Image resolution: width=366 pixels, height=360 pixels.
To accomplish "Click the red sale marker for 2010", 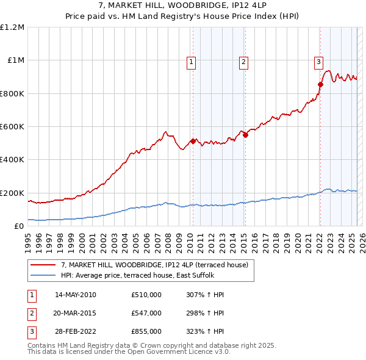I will point(193,142).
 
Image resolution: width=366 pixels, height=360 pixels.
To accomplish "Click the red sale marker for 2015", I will point(245,135).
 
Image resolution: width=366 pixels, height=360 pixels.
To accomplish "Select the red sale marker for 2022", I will point(320,84).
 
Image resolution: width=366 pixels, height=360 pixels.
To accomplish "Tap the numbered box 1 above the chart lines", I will point(192,61).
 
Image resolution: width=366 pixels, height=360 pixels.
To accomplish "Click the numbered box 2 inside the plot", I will point(243,61).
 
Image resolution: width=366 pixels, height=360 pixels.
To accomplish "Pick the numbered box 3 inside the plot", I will point(318,61).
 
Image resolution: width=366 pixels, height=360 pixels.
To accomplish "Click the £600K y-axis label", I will point(12,126).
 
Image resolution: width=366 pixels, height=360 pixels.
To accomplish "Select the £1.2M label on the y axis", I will point(13,27).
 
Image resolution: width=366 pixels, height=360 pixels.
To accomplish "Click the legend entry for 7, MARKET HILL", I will point(154,265).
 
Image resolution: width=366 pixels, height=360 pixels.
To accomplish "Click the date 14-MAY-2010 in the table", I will point(76,295).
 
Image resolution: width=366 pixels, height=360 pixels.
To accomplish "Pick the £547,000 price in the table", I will point(146,313).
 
